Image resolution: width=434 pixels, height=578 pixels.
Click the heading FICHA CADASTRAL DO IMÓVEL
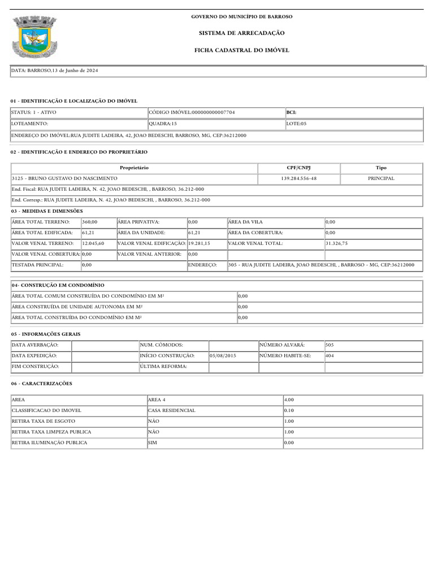click(x=241, y=50)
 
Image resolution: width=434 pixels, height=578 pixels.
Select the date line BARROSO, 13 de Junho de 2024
click(x=56, y=71)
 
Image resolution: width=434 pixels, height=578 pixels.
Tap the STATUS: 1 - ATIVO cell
click(x=34, y=112)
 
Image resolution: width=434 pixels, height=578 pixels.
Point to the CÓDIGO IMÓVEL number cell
click(x=192, y=112)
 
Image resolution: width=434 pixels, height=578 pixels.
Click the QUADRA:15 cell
click(x=163, y=123)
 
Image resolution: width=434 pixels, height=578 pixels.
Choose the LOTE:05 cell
click(x=296, y=123)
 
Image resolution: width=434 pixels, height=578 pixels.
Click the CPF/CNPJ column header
click(x=298, y=168)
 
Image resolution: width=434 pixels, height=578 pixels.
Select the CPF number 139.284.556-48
click(x=298, y=178)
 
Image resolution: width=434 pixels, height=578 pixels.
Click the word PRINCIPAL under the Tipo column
click(x=381, y=178)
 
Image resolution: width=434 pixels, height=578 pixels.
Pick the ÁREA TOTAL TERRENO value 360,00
click(x=90, y=222)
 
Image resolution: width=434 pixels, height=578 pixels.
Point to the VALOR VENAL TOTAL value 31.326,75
click(x=337, y=243)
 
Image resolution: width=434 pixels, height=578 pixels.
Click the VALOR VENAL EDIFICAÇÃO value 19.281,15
click(x=199, y=243)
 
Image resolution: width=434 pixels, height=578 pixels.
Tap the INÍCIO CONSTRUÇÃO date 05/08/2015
click(x=223, y=356)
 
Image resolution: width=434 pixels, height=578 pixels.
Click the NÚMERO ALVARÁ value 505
click(x=330, y=345)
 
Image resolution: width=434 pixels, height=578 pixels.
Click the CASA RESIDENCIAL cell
click(x=172, y=410)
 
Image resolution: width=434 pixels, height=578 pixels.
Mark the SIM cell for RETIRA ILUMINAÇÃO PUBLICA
click(x=153, y=443)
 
